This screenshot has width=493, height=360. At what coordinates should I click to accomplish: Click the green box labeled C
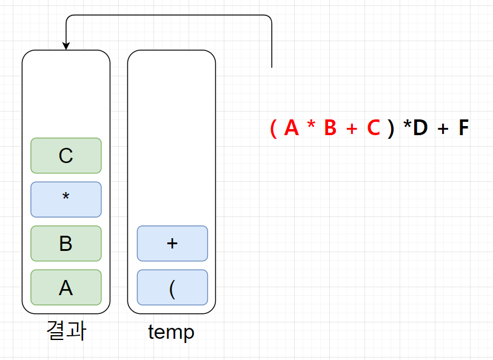click(66, 156)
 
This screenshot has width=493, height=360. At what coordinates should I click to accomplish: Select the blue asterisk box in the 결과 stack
click(66, 199)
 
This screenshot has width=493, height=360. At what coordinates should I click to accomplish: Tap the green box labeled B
click(66, 244)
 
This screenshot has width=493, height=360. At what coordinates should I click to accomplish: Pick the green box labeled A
click(66, 287)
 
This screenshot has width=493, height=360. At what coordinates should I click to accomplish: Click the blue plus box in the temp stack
click(172, 244)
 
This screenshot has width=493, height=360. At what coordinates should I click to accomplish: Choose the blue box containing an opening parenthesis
click(172, 287)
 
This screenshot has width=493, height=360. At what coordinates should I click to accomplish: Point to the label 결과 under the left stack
click(66, 331)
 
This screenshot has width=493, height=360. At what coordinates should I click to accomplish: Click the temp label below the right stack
click(171, 332)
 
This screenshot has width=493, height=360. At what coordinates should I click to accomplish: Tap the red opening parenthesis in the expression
click(273, 128)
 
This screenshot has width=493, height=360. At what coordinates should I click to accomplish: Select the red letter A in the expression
click(292, 128)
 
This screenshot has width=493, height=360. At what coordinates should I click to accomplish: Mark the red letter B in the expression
click(330, 128)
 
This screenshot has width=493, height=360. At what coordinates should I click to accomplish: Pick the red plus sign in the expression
click(352, 129)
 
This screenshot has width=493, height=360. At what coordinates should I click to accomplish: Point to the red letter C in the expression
click(374, 128)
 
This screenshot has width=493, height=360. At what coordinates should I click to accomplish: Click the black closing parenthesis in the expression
click(391, 128)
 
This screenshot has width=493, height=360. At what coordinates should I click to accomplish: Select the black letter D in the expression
click(420, 128)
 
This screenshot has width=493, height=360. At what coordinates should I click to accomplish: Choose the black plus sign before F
click(443, 129)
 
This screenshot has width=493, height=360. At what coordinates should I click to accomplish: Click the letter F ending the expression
click(463, 128)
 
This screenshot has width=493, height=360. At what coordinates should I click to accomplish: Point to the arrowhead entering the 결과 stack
click(66, 46)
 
